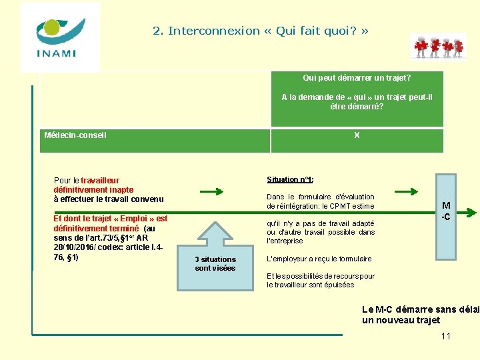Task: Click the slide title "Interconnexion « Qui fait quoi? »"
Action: (x=261, y=31)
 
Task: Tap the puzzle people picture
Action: (x=438, y=46)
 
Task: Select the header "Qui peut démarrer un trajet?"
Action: (x=357, y=77)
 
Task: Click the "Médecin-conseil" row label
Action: (x=75, y=135)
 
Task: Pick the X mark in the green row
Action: (x=357, y=135)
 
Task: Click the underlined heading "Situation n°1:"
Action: (x=290, y=179)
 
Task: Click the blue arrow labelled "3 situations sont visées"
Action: (x=215, y=257)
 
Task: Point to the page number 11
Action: (x=446, y=335)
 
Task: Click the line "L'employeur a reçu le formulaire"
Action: (x=319, y=259)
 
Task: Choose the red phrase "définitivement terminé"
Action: (x=96, y=228)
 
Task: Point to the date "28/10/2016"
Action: (x=75, y=247)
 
